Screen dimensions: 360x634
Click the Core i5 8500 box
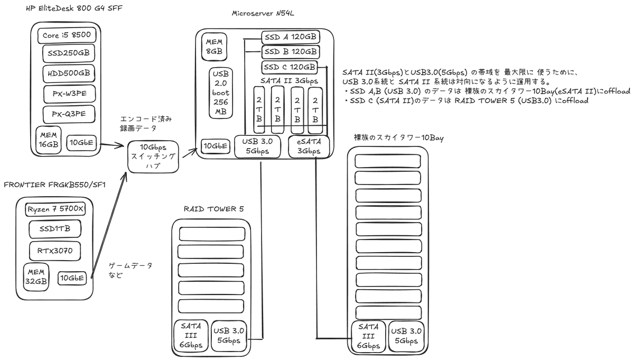coord(67,35)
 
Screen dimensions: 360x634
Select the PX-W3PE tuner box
coord(69,94)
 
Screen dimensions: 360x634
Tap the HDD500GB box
coord(68,72)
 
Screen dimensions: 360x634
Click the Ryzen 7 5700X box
coord(55,209)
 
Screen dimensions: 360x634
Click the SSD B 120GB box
coord(291,52)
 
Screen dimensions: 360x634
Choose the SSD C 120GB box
coord(289,67)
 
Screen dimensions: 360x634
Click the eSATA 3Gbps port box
coord(309,146)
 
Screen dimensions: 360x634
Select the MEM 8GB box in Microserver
coord(215,47)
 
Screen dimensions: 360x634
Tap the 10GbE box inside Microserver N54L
coord(216,146)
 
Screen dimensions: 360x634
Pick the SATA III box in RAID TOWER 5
coord(190,336)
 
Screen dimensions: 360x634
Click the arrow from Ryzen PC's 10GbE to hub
coord(109,222)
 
